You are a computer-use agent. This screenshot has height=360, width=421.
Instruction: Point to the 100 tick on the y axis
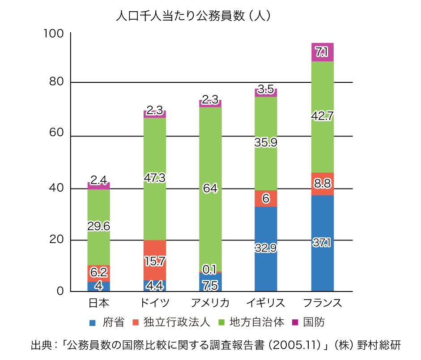pyautogui.click(x=54, y=34)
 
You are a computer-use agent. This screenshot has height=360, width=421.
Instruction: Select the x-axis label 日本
pyautogui.click(x=98, y=303)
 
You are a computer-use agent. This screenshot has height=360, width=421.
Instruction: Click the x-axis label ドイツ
pyautogui.click(x=154, y=303)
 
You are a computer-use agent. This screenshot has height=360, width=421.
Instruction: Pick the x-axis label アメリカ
pyautogui.click(x=210, y=303)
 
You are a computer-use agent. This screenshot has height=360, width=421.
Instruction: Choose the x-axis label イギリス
pyautogui.click(x=266, y=303)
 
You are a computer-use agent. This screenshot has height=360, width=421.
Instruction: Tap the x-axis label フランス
pyautogui.click(x=322, y=303)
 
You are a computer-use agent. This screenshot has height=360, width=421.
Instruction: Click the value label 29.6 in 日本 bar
pyautogui.click(x=98, y=227)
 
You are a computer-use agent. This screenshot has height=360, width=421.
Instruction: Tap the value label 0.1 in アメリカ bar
pyautogui.click(x=210, y=269)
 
